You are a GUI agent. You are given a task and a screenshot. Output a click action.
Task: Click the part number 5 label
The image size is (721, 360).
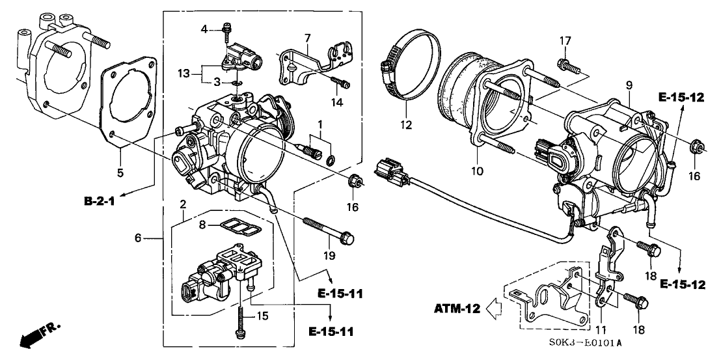(x=119, y=173)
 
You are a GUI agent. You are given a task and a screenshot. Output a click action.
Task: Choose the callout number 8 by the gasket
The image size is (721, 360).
(x=202, y=224)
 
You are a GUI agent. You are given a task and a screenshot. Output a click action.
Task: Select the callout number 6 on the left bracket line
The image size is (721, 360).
(x=137, y=239)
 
